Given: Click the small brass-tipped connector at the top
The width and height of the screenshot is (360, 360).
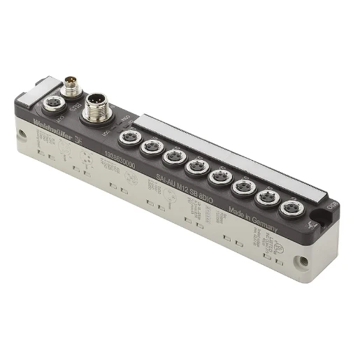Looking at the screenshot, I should point(70,88).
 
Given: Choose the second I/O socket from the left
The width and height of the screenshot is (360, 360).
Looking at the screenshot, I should point(151,145).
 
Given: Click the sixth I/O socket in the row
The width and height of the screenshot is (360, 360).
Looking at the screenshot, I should point(243,187).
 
